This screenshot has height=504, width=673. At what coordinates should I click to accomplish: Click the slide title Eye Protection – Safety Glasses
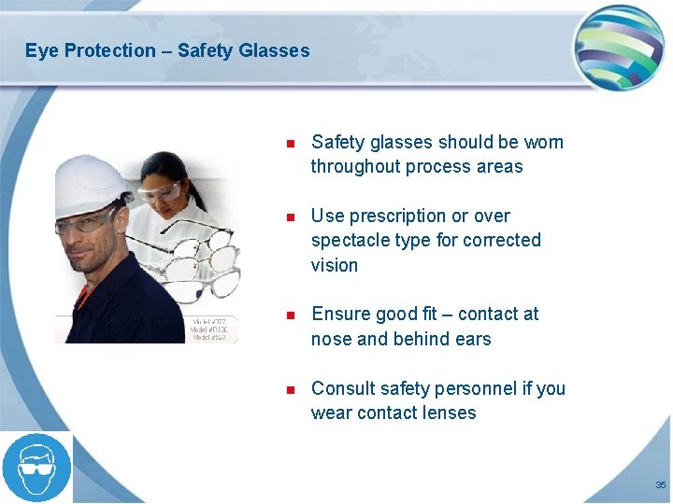[167, 50]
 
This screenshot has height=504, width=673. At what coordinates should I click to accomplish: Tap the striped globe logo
[618, 47]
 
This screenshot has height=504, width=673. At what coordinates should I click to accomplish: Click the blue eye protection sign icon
[36, 468]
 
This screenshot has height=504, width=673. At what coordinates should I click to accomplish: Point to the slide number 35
[660, 485]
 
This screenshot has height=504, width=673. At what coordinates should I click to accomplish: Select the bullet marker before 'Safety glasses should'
[291, 144]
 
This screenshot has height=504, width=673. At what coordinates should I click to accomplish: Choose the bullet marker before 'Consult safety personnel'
[291, 389]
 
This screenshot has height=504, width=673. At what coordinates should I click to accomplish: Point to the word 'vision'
[335, 265]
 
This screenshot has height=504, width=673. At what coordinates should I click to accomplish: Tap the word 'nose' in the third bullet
[331, 339]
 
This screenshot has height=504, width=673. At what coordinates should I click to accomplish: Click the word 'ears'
[472, 339]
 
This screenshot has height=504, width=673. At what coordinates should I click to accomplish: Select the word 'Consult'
[342, 388]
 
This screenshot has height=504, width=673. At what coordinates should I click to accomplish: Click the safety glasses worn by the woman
[159, 192]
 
